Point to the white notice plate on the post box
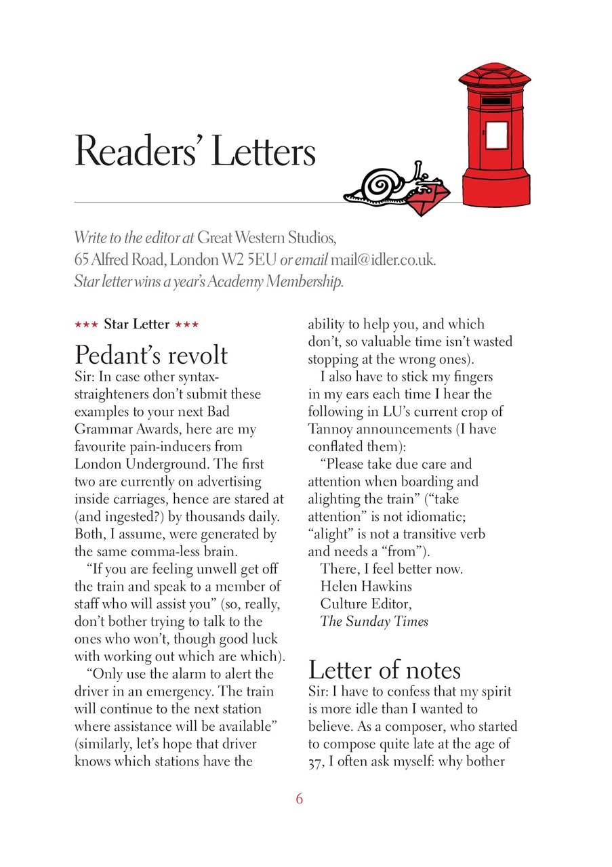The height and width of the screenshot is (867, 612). pos(497,135)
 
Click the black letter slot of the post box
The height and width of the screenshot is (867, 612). pos(495,101)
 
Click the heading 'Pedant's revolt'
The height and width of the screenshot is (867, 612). pos(150,355)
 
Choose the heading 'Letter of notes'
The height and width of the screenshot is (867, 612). pos(384,670)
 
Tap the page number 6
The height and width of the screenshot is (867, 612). pos(300,799)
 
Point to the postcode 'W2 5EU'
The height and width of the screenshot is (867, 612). pos(249,259)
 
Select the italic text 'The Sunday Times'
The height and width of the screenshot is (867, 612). pos(374,621)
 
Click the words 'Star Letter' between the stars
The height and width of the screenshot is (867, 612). pos(136,324)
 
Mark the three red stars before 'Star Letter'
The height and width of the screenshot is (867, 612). pos(86,324)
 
